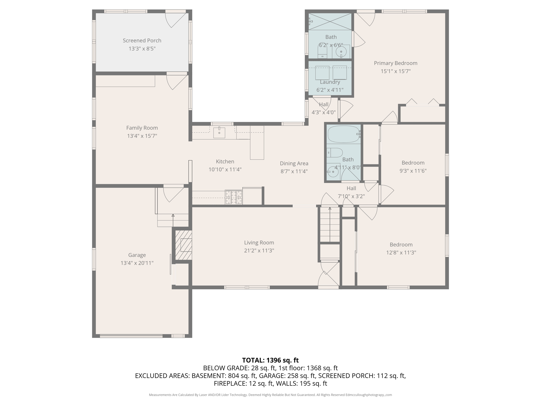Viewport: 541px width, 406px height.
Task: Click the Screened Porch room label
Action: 142,40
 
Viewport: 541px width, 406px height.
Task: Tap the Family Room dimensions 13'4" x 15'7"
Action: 142,136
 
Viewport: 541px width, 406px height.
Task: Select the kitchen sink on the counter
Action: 219,133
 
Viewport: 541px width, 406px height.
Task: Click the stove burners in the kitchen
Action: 234,197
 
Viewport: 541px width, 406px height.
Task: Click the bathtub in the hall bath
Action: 343,134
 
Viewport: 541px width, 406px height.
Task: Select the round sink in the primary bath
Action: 341,52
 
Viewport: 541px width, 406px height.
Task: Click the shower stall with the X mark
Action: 330,21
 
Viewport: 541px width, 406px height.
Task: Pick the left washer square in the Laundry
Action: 322,73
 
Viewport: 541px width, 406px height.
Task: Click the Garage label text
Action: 137,255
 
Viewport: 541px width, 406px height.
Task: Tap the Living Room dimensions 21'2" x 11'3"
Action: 259,250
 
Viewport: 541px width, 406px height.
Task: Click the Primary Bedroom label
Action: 395,63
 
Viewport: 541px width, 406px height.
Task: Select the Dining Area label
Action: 294,163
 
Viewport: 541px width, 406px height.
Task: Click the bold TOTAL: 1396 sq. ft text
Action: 270,360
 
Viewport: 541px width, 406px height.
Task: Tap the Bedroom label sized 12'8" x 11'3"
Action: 401,244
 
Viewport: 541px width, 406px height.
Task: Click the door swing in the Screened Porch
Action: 175,20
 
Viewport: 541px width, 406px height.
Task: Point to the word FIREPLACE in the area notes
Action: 230,383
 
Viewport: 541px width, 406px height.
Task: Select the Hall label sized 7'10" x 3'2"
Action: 351,188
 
